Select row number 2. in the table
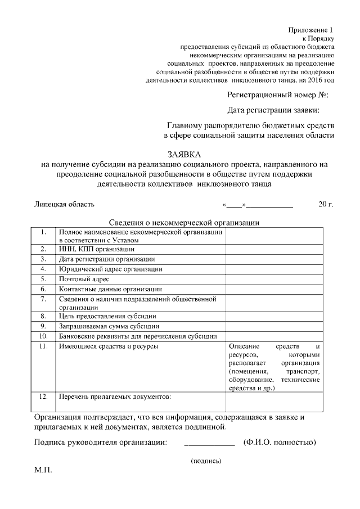click(43, 249)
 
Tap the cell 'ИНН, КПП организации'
click(97, 249)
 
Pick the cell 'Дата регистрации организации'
click(107, 259)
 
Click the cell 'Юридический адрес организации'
click(111, 269)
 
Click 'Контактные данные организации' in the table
click(110, 289)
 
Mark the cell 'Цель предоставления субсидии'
click(107, 316)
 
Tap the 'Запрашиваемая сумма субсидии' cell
click(109, 326)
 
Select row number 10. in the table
click(43, 336)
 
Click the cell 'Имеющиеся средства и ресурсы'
click(109, 346)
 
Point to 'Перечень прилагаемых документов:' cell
click(114, 397)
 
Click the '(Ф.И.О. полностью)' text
click(280, 442)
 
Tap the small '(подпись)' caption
click(206, 461)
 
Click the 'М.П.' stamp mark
click(43, 470)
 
